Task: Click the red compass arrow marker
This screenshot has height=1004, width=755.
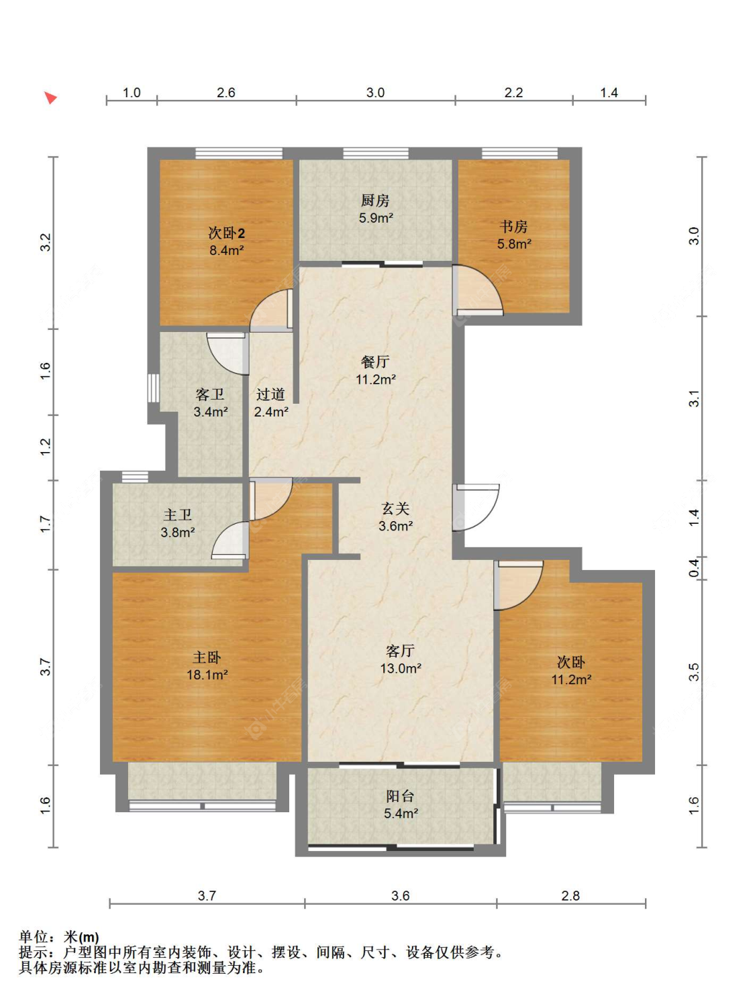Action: pyautogui.click(x=50, y=97)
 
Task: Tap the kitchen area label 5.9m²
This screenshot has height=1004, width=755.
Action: pyautogui.click(x=376, y=218)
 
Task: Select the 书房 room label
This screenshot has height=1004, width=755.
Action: pyautogui.click(x=513, y=227)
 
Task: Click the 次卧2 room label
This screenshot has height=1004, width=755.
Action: pyautogui.click(x=227, y=233)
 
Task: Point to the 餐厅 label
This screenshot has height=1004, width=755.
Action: pyautogui.click(x=375, y=361)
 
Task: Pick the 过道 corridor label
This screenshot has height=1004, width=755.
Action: pyautogui.click(x=270, y=394)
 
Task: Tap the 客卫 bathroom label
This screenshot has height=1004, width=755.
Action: pyautogui.click(x=210, y=394)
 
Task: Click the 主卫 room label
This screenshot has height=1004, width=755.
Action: pyautogui.click(x=178, y=515)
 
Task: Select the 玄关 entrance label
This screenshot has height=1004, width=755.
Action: pyautogui.click(x=395, y=508)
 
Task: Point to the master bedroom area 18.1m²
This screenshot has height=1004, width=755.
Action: pyautogui.click(x=207, y=674)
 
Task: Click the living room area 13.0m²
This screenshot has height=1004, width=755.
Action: pyautogui.click(x=401, y=668)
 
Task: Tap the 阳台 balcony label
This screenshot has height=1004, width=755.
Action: pyautogui.click(x=401, y=796)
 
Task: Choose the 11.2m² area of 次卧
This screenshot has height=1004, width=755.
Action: pyautogui.click(x=571, y=679)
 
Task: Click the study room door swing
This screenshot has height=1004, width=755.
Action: pyautogui.click(x=478, y=290)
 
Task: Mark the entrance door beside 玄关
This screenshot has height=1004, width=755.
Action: pyautogui.click(x=476, y=508)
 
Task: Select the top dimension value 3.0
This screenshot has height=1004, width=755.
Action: pyautogui.click(x=375, y=93)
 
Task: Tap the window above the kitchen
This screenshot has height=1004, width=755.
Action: pyautogui.click(x=376, y=153)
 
